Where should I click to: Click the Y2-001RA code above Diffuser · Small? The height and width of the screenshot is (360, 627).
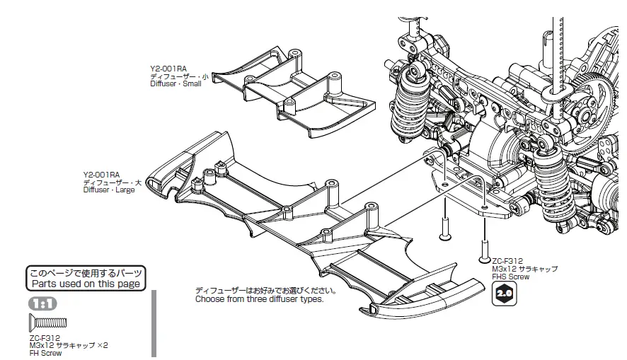[168, 69]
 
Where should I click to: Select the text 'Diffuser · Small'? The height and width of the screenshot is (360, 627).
[176, 83]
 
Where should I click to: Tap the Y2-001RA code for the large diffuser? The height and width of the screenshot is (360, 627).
[101, 174]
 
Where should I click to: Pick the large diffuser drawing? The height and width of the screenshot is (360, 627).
[297, 226]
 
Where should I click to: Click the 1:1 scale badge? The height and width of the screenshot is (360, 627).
[42, 303]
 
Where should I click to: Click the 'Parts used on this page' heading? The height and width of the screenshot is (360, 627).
[85, 284]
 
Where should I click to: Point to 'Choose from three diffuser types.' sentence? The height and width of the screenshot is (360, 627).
[259, 299]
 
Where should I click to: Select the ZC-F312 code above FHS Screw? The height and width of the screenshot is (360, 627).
[507, 261]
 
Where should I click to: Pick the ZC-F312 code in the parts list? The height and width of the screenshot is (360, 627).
[45, 338]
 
